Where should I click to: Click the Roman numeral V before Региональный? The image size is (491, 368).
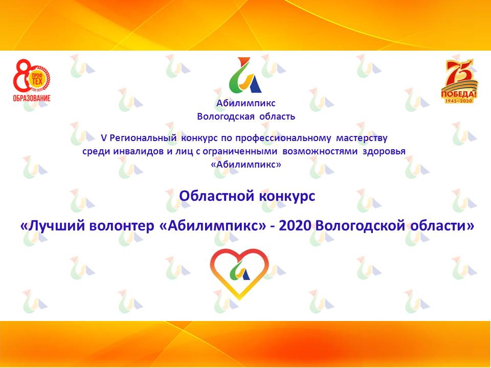click(104, 138)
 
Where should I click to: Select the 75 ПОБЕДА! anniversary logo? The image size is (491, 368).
click(459, 81)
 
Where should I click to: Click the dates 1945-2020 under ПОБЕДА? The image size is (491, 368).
click(459, 100)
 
